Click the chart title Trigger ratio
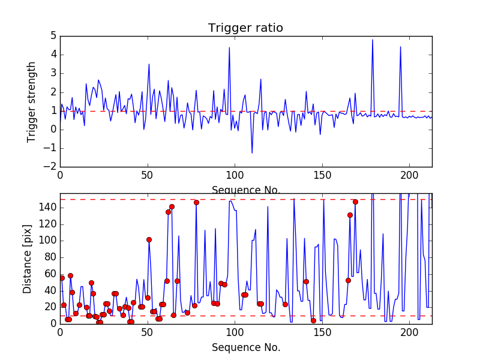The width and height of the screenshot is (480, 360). click(245, 28)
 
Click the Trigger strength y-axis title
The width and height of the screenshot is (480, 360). click(32, 101)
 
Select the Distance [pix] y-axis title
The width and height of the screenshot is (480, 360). click(28, 259)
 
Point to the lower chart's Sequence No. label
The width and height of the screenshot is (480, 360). click(245, 347)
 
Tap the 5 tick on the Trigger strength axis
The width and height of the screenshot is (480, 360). click(53, 36)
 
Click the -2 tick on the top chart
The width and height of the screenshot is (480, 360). click(50, 167)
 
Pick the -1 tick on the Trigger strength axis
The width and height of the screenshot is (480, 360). click(50, 148)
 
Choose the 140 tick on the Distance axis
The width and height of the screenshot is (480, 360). click(48, 208)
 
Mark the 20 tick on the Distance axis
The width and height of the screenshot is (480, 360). click(50, 307)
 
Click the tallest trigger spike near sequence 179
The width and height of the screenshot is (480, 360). click(373, 40)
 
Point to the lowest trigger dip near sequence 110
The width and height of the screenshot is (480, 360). click(252, 153)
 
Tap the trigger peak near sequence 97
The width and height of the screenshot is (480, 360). click(229, 47)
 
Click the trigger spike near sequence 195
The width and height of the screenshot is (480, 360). click(400, 47)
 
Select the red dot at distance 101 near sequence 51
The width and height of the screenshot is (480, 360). click(149, 239)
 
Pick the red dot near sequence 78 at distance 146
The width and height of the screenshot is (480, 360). click(196, 202)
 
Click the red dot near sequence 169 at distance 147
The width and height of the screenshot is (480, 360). click(355, 202)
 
